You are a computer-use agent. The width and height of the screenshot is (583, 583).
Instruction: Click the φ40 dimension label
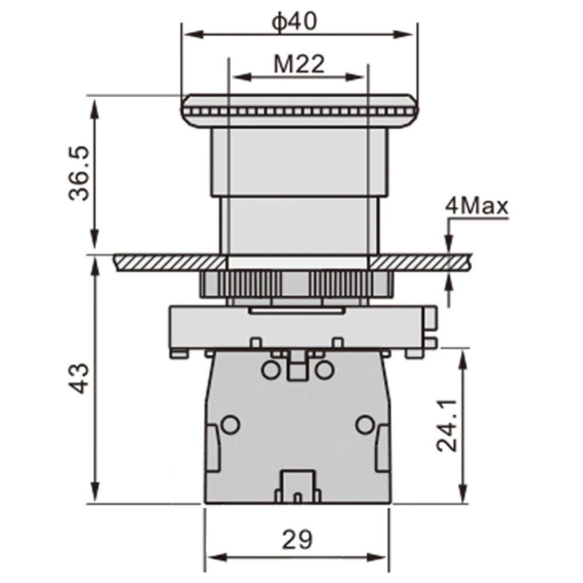tap(294, 22)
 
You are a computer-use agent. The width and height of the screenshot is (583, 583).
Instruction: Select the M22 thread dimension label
tap(299, 64)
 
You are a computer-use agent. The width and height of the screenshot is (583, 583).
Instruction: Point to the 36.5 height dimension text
tap(79, 174)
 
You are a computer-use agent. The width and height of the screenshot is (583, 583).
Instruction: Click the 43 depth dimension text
tap(79, 378)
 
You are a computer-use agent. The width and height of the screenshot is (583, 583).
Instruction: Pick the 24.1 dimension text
tap(447, 426)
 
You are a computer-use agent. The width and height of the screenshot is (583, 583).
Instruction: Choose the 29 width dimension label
tap(297, 539)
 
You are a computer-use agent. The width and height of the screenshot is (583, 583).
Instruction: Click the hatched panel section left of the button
tap(170, 262)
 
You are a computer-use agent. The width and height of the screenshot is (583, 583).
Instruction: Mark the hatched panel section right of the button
tap(420, 262)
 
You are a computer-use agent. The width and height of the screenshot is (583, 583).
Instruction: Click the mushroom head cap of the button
tap(299, 111)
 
